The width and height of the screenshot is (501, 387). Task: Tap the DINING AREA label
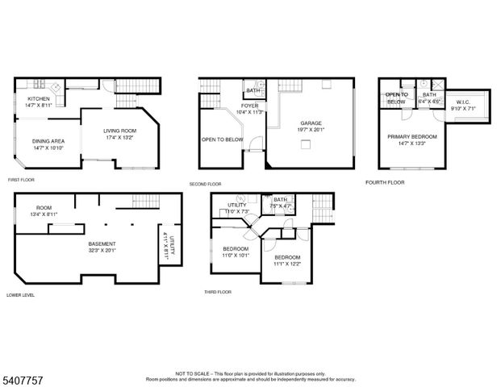click(49, 141)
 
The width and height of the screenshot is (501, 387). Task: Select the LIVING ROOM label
click(119, 131)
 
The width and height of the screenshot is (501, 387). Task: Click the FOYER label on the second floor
click(249, 106)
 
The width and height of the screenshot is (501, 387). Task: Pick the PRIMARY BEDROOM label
click(411, 137)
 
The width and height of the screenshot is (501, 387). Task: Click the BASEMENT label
click(102, 243)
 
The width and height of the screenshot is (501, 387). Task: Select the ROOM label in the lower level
click(43, 207)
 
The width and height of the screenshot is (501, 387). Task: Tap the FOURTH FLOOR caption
click(384, 182)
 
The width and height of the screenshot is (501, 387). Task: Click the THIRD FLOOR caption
click(217, 291)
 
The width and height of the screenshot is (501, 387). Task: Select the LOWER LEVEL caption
click(21, 294)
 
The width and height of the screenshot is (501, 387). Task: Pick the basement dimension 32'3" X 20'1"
click(102, 250)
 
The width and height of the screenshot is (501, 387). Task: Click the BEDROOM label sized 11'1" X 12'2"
click(287, 257)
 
